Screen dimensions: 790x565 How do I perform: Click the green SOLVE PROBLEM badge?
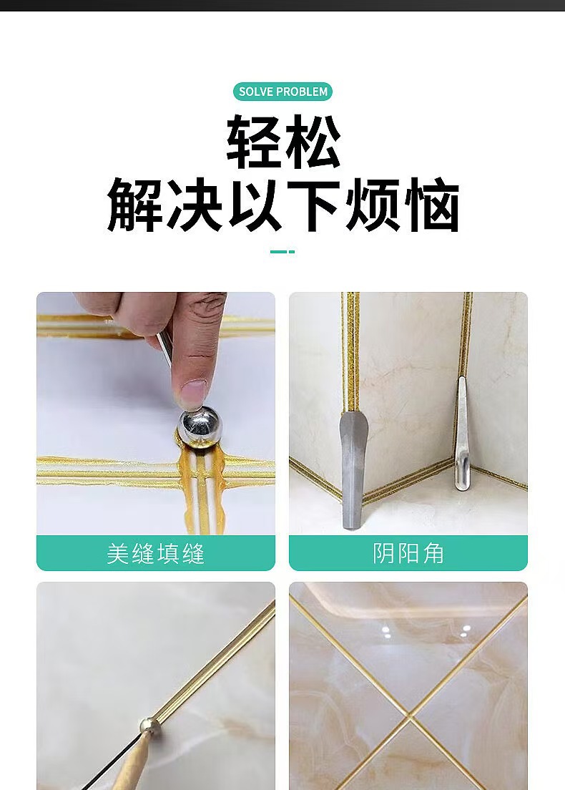coord(282,92)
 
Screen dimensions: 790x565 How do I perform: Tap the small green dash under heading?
coord(282,251)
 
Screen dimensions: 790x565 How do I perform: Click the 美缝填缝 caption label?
coord(155,553)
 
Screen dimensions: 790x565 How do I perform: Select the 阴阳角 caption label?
coord(408,553)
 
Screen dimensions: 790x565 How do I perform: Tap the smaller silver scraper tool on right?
coord(461,437)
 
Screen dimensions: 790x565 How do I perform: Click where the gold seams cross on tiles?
coord(411,716)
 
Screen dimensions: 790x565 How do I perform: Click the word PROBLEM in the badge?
coord(302,92)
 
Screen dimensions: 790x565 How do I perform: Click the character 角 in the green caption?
coord(433,553)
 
